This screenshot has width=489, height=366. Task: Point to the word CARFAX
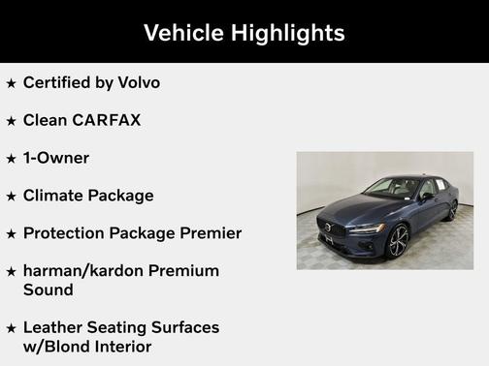point(106,120)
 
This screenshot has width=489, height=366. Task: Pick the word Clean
point(46,120)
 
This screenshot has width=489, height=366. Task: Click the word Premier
point(208,233)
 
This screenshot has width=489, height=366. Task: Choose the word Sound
point(48,290)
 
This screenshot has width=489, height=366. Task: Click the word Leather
point(53,327)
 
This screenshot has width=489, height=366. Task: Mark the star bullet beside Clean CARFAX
point(11,121)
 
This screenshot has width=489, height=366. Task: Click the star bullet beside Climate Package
point(11,197)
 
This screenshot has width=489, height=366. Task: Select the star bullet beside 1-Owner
point(11,159)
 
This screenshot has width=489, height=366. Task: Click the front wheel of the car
point(398,240)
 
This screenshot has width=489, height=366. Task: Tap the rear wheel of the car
point(452,209)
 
